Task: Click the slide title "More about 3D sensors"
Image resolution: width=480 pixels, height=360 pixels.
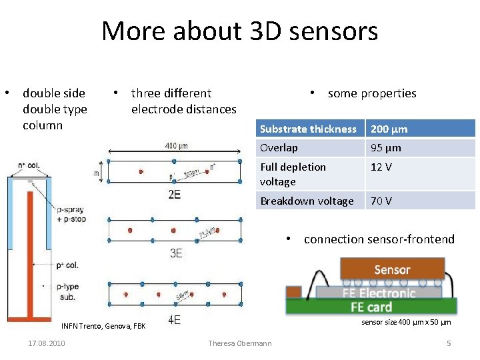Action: pos(239,31)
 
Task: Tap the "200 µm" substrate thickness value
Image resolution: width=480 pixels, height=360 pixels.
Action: pos(389,129)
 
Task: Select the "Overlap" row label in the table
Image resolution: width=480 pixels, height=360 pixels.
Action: pos(279,147)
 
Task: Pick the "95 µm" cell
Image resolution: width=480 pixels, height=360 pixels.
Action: pos(386,147)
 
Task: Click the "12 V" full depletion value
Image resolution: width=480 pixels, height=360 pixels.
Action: pos(381,167)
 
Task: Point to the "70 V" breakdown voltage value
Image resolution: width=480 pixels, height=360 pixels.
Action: pos(381,201)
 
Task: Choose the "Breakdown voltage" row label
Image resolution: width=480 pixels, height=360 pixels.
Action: pos(307,201)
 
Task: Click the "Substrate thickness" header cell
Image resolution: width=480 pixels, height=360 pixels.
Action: pos(308,129)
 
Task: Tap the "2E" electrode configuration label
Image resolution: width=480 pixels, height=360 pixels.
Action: pos(175,194)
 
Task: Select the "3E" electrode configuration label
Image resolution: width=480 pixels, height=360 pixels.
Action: pos(175,253)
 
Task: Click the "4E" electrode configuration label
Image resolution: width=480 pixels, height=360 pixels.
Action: pos(174,320)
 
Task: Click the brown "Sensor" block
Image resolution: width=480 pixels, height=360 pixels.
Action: pos(392,269)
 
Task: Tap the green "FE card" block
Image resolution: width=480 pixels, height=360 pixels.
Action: pos(371,307)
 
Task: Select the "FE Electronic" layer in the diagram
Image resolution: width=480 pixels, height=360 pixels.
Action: pos(379,293)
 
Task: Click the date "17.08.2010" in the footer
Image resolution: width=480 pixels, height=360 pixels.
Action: pos(47,343)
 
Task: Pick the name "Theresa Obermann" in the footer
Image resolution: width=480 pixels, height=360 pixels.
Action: pos(239,343)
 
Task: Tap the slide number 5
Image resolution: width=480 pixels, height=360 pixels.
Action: pos(449,343)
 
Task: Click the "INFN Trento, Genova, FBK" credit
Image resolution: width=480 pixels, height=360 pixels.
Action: pos(103,326)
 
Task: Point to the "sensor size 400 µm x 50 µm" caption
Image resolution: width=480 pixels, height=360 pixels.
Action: pos(406,323)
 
